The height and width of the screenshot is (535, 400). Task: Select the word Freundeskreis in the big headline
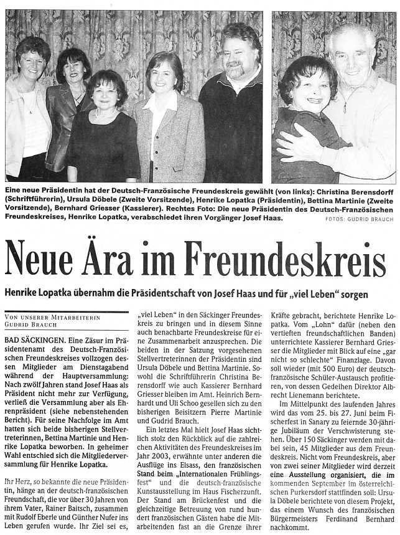(279, 258)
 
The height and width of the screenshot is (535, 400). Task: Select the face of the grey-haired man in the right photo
(351, 57)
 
